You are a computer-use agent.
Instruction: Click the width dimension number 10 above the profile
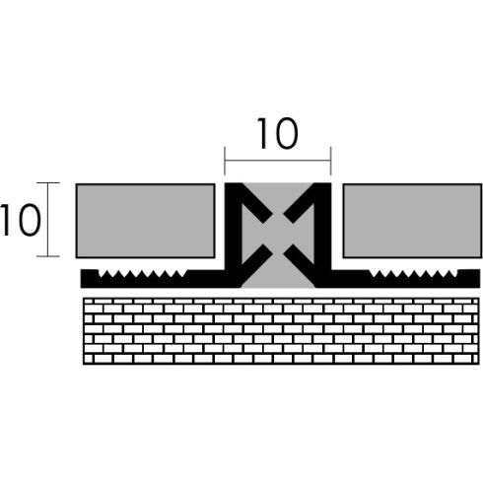pos(278,133)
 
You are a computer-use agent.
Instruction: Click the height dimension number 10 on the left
pos(21,220)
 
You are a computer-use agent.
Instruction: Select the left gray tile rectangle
pos(145,221)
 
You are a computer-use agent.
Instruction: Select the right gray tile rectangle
pos(412,221)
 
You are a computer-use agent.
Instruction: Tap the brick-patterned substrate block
pos(281,331)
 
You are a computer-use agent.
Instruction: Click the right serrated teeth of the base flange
pos(414,274)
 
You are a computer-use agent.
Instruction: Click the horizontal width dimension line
pos(278,161)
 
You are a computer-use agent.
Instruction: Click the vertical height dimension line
pos(48,219)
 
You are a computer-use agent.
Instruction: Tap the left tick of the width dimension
pos(225,161)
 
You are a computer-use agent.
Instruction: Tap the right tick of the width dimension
pos(331,161)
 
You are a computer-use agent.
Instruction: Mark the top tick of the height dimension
pos(48,182)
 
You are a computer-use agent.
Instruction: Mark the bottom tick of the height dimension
pos(48,256)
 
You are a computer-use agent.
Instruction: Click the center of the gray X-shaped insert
pos(278,235)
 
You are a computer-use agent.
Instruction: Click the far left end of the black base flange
pos(81,279)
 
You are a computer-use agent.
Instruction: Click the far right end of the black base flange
pos(479,279)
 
